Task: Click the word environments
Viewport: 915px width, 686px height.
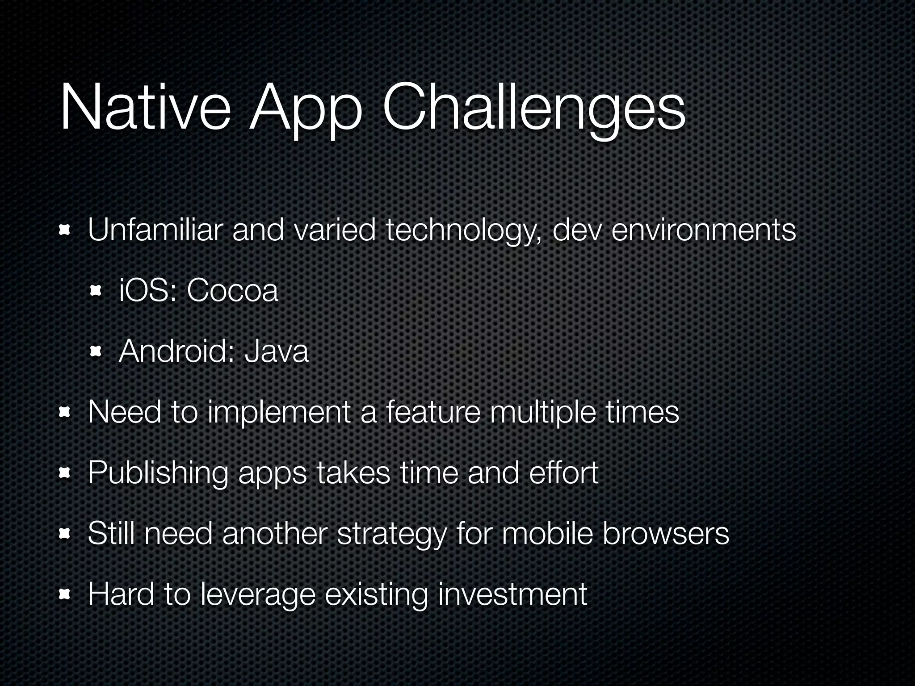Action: [703, 230]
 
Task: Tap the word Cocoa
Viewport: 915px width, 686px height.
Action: [232, 291]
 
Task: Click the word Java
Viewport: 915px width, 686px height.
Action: [276, 351]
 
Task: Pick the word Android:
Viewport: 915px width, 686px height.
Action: [176, 351]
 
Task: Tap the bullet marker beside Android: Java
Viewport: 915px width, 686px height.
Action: [96, 352]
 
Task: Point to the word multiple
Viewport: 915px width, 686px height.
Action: [543, 413]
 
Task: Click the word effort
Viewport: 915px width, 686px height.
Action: [563, 473]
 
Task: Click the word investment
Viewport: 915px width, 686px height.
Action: [512, 594]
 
